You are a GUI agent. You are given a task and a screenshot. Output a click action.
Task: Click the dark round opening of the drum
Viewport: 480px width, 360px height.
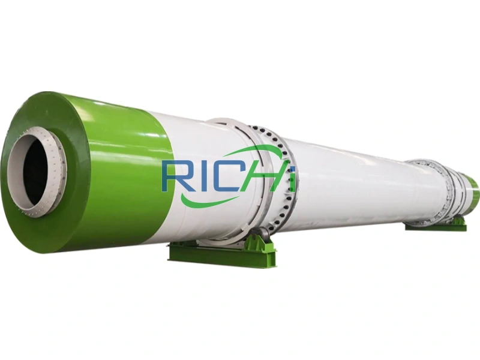click(35, 170)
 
